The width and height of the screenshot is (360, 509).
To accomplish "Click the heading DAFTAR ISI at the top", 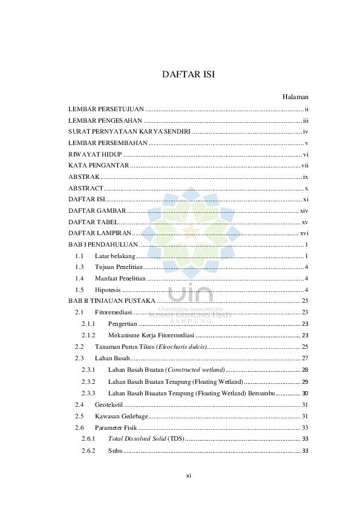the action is (189, 75).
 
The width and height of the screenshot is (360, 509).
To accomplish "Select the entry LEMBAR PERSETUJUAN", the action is (105, 109).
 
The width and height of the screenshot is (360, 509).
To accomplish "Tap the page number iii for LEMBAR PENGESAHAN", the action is (306, 121).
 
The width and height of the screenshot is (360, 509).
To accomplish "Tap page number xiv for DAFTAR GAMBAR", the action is (304, 210).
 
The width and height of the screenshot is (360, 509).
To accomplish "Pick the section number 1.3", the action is (79, 267).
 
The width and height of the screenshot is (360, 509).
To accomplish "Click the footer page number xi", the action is (188, 476).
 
